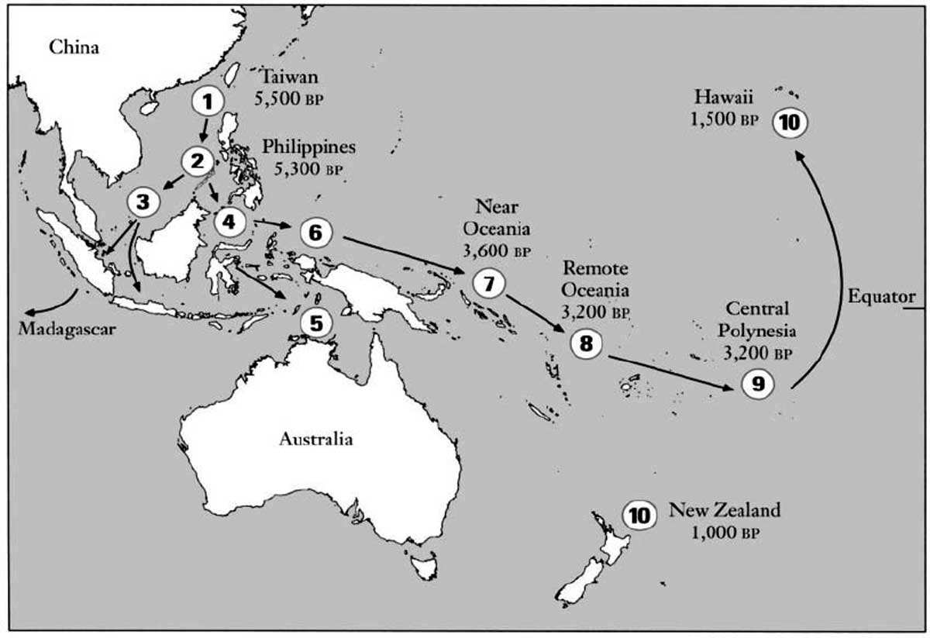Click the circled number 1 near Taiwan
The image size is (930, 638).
206,101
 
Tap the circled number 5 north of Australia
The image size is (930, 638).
314,322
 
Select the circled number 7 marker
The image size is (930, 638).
488,284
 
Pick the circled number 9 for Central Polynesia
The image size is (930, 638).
757,384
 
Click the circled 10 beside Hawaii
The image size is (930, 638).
792,122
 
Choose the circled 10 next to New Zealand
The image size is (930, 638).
639,516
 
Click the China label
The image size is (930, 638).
74,48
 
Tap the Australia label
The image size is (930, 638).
315,440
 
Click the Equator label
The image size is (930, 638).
881,296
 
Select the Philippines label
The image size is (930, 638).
308,146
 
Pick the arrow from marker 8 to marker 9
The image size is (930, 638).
670,371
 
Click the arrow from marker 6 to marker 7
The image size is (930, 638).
403,253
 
